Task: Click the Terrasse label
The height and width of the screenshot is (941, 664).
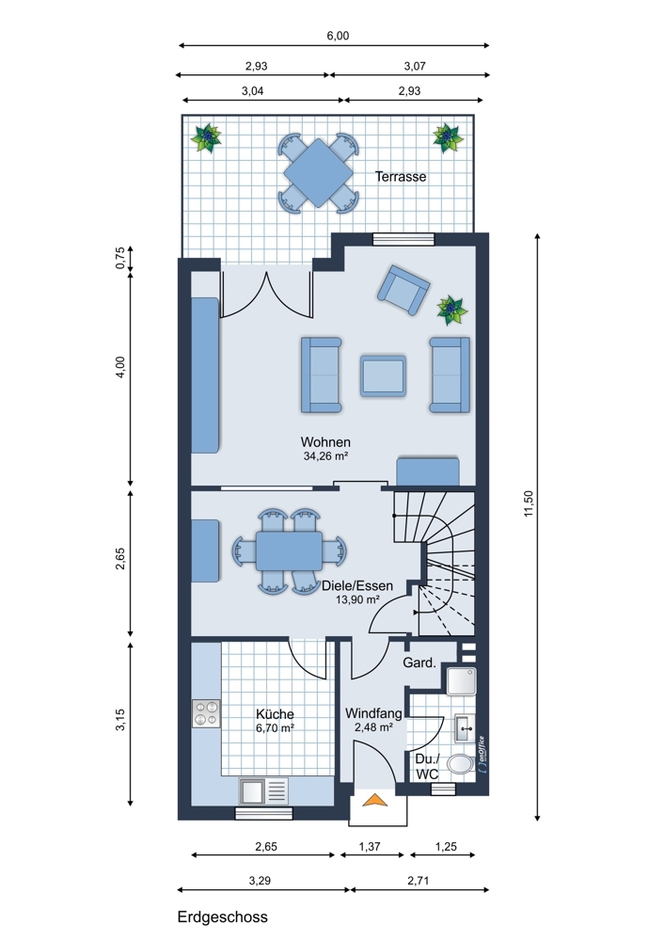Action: [x=401, y=177]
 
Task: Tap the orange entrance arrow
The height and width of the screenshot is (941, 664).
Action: [x=375, y=799]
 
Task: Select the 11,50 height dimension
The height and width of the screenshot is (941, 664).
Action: [x=528, y=502]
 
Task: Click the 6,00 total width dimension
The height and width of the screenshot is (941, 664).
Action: [x=338, y=36]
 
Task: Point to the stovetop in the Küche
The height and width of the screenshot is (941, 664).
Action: [x=206, y=713]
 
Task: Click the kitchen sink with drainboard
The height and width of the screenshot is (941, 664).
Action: [x=263, y=790]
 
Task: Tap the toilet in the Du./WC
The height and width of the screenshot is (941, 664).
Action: [x=461, y=764]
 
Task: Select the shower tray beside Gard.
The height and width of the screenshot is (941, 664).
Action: [x=461, y=681]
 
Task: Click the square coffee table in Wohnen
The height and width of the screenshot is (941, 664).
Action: [x=383, y=375]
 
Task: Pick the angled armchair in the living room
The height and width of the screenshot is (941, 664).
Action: [x=403, y=290]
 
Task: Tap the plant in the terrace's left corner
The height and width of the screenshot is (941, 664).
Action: [x=206, y=138]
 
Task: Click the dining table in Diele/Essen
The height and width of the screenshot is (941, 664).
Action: [x=289, y=550]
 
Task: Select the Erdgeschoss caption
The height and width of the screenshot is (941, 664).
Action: [x=223, y=917]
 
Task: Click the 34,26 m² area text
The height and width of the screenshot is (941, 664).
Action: [x=325, y=456]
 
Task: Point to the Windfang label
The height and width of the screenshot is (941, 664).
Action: [x=373, y=713]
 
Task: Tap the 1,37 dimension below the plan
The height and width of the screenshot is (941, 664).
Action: [x=370, y=846]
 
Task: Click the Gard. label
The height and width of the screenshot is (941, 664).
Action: [x=419, y=662]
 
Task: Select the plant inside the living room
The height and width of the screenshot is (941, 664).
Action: [x=451, y=310]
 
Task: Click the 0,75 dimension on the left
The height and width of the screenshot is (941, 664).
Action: [x=120, y=258]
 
